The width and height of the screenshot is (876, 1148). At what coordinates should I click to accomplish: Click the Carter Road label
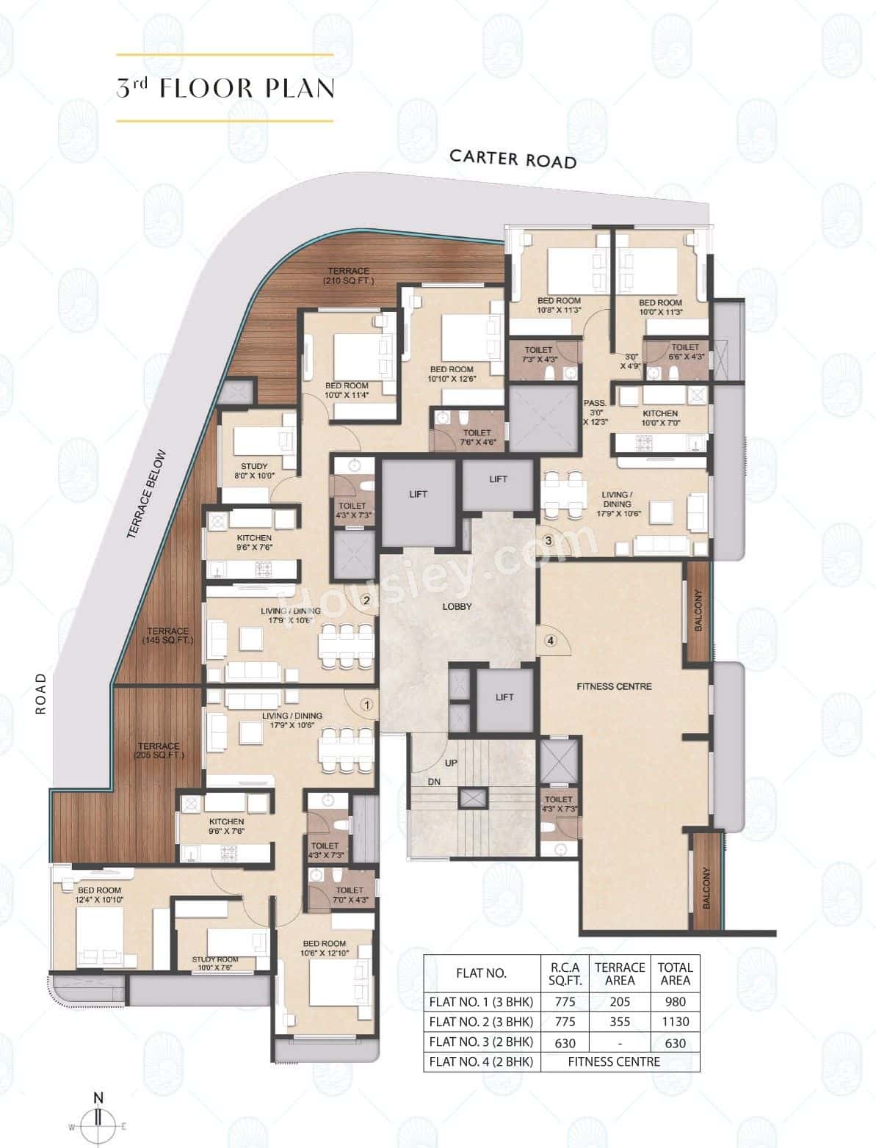tap(513, 159)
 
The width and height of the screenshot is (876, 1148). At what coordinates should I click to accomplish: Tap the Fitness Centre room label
tap(614, 686)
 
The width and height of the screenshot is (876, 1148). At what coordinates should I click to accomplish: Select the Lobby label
tap(457, 606)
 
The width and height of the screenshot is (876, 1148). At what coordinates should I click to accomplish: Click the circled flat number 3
tap(548, 541)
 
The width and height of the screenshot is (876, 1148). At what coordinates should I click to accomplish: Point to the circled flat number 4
tap(550, 640)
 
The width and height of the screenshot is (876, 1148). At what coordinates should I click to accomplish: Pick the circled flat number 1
tap(367, 705)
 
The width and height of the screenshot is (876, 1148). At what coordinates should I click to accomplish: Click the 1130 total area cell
tap(675, 1021)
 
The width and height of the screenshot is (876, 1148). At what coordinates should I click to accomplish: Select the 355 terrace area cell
tap(620, 1021)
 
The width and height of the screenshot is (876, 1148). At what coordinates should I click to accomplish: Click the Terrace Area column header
tap(620, 973)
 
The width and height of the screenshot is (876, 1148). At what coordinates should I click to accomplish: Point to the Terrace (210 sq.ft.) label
tap(349, 276)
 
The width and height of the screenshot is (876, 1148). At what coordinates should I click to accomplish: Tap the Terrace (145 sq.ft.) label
tap(167, 636)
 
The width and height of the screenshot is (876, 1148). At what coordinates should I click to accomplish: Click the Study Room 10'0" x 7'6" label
tap(215, 964)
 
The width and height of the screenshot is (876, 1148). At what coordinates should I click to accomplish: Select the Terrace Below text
tap(147, 495)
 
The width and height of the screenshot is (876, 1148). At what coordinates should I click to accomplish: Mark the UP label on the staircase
tap(451, 763)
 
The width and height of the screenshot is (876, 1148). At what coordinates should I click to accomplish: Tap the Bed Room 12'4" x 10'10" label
tap(100, 895)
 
